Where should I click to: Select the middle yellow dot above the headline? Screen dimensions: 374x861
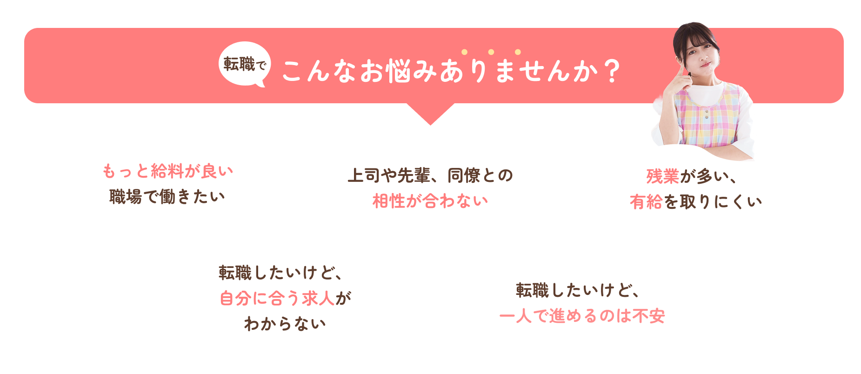click(x=491, y=52)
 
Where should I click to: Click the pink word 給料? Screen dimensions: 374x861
click(x=167, y=171)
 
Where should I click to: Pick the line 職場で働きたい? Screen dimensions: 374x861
click(x=167, y=197)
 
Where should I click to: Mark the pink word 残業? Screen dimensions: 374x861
click(x=662, y=177)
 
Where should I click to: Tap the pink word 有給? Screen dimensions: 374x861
click(x=646, y=202)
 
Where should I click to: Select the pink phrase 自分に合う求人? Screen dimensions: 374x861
click(x=277, y=298)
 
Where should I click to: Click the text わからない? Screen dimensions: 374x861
click(x=285, y=323)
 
